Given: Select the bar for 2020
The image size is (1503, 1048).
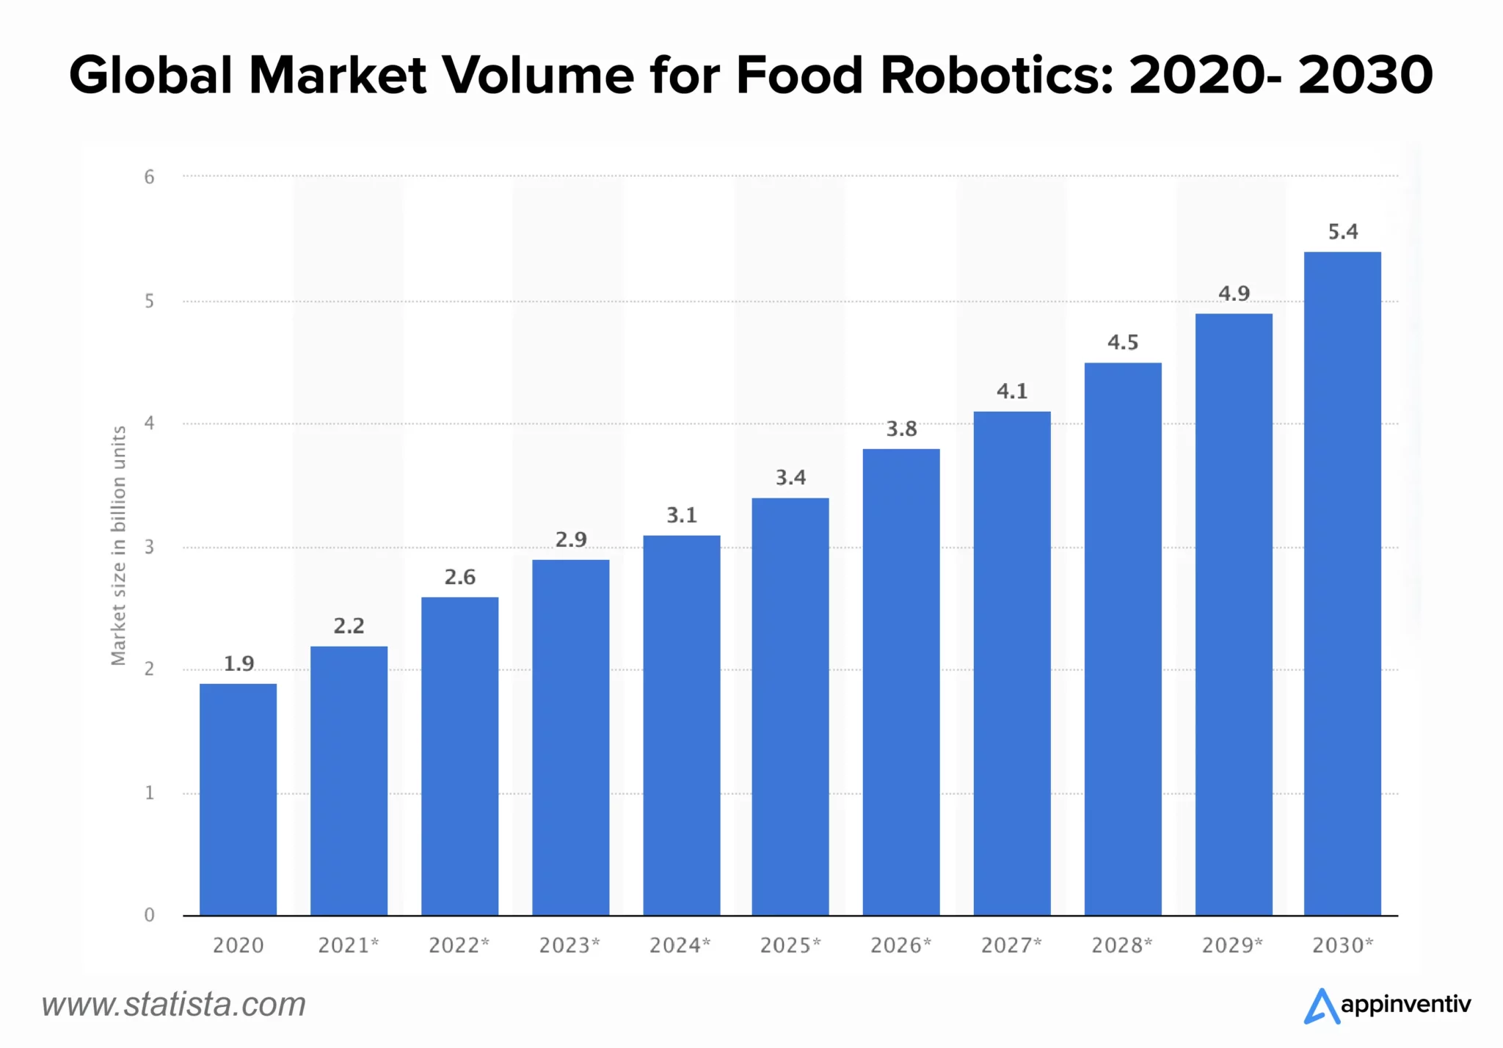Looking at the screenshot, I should (238, 799).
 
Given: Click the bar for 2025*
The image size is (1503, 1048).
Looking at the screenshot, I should (790, 706).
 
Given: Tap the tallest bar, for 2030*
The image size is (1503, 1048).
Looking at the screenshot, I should (1342, 583).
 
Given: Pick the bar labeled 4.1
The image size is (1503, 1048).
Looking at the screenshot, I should (1011, 663).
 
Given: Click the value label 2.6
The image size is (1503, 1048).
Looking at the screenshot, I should (459, 578).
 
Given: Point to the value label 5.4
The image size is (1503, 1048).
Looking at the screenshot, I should (1342, 233).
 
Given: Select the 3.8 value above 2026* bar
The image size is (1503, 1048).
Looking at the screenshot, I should (901, 429).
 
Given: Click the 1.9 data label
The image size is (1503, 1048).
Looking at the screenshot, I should (239, 664).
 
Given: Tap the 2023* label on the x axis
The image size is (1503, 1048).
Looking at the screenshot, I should (569, 945).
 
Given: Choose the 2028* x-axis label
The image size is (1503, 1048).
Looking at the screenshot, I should (1121, 945).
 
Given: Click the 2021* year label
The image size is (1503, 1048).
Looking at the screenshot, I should (348, 945).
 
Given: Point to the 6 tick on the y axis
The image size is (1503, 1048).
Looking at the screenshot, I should (150, 177).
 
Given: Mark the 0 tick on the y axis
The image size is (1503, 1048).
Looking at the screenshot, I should (150, 915).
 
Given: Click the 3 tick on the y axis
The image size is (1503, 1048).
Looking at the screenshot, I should (150, 547).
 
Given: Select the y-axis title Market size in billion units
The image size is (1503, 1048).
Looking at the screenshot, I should (118, 546).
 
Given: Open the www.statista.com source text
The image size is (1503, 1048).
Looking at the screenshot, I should (173, 1005).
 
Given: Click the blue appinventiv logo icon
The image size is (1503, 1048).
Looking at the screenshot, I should (1321, 1006).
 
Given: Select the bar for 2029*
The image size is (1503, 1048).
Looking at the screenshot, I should (1233, 614).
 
